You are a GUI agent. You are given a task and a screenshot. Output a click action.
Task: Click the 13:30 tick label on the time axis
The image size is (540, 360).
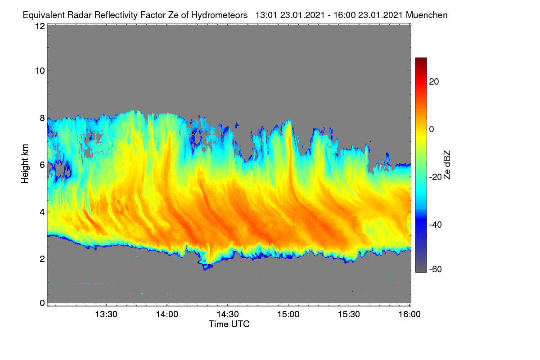106,315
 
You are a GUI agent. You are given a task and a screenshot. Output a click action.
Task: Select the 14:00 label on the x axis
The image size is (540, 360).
167,315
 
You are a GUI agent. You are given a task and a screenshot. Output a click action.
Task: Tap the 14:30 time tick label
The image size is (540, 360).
228,315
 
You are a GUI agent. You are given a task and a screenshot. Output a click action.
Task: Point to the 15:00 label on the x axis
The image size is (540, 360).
288,315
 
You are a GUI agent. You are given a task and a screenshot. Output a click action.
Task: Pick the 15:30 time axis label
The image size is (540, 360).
349,315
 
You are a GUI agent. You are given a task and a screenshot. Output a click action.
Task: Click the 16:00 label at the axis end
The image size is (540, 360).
409,315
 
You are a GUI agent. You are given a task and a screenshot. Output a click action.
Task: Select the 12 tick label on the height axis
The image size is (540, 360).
40,26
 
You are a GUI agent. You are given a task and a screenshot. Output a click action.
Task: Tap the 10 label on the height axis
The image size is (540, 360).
40,71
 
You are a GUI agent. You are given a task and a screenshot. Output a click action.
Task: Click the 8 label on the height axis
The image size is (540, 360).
42,118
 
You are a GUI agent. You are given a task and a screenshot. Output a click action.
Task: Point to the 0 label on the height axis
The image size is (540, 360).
42,303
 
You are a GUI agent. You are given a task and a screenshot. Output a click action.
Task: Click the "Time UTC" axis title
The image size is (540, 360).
229,324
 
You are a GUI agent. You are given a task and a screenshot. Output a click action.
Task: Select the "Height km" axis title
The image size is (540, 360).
25,164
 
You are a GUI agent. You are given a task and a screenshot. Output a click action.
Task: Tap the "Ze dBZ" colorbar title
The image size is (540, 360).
447,165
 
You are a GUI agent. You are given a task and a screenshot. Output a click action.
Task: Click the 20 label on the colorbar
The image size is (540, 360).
434,82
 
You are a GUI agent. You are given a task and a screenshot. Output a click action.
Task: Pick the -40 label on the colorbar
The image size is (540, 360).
436,225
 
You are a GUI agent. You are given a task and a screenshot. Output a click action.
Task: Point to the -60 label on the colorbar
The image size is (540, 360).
436,269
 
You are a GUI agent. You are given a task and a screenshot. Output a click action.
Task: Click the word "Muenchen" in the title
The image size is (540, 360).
427,15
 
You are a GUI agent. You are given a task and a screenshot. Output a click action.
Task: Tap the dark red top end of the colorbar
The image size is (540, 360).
421,59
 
